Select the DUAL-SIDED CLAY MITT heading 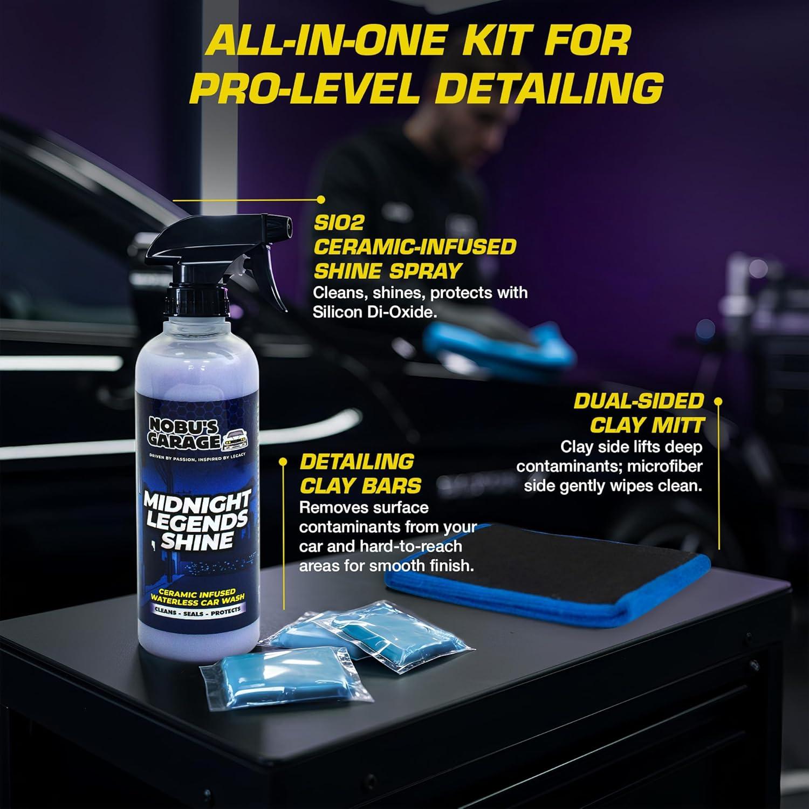(x=639, y=413)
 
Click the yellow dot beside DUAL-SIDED (x=718, y=401)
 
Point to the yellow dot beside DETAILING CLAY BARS (x=283, y=461)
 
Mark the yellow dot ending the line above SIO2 (x=321, y=199)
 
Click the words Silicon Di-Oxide (x=374, y=312)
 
